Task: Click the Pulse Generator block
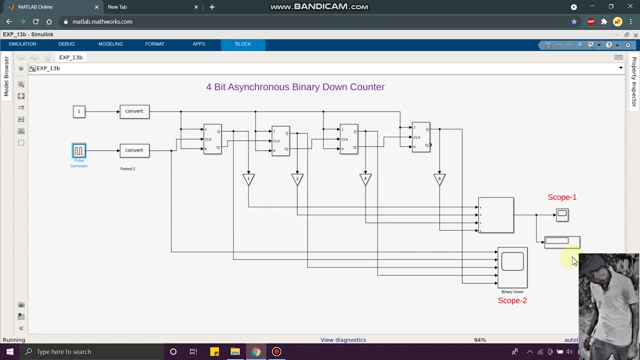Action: (x=79, y=150)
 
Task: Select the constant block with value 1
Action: (x=79, y=111)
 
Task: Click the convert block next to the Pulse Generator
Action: (x=134, y=150)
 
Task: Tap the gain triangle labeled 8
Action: (x=439, y=178)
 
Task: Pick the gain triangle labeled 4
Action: (x=365, y=178)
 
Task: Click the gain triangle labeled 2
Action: (x=297, y=178)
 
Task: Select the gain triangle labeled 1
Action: (x=248, y=178)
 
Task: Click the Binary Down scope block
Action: (x=512, y=267)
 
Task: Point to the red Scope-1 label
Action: (x=562, y=197)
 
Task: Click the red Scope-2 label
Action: (x=512, y=300)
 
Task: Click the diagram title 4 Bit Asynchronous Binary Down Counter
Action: (x=295, y=87)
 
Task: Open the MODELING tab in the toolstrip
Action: (x=110, y=44)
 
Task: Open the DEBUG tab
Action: (x=66, y=44)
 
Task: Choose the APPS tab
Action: (x=199, y=44)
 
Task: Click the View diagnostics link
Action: (x=343, y=340)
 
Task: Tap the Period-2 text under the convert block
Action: (x=127, y=169)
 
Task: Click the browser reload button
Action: (x=36, y=21)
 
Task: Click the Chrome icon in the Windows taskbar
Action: (x=255, y=351)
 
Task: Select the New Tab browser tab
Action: (x=145, y=7)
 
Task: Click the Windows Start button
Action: (x=9, y=351)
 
